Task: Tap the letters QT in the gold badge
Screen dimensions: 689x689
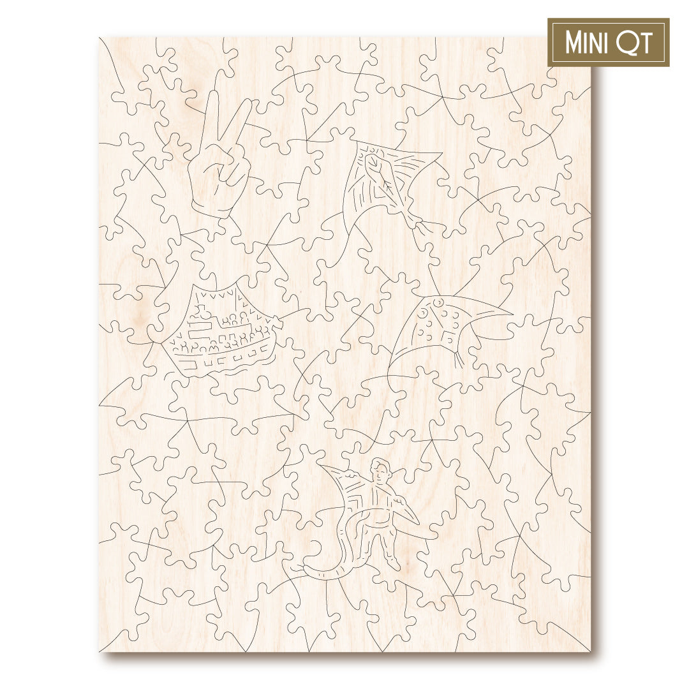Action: click(633, 43)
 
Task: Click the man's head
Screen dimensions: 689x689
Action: click(382, 471)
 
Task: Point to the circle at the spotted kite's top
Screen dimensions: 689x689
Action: click(439, 300)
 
